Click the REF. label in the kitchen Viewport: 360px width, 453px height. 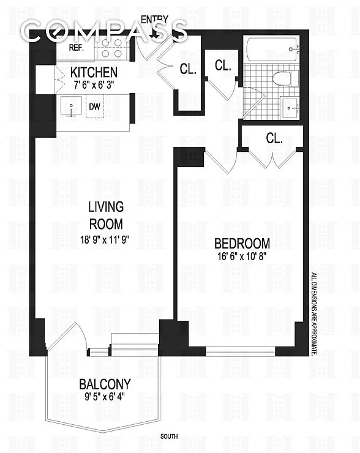(77, 48)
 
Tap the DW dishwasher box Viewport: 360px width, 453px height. (95, 106)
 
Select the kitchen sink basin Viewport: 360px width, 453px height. (71, 106)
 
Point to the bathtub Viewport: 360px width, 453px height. (272, 50)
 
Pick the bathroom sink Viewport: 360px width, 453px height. (290, 108)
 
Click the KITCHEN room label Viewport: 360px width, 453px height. (94, 72)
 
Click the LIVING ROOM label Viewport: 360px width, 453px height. (106, 215)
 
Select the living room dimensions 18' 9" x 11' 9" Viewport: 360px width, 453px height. (104, 239)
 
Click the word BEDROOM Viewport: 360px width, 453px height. (242, 244)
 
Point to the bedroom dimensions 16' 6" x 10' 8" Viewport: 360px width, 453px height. (242, 256)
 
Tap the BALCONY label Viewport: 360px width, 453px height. (105, 384)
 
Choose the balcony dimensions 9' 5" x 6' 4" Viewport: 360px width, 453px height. (105, 397)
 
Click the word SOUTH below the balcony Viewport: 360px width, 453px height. (169, 436)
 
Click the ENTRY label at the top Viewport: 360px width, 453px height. (154, 20)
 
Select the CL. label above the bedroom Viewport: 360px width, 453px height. (274, 138)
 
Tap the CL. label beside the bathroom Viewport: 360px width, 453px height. (223, 66)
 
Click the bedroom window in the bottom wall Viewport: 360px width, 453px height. (240, 351)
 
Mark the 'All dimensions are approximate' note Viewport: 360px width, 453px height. (314, 314)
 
